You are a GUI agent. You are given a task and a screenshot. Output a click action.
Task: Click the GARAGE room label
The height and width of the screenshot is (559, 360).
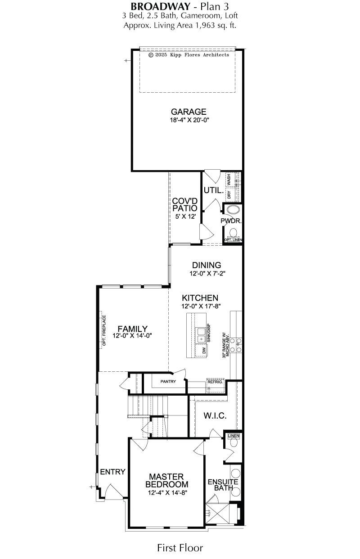(189, 112)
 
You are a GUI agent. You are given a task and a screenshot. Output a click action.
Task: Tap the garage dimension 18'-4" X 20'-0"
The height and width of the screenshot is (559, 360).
(189, 120)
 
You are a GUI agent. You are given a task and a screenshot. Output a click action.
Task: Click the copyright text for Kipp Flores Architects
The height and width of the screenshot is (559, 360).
(189, 55)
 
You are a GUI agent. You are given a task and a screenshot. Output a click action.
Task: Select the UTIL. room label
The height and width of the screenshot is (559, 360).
(214, 190)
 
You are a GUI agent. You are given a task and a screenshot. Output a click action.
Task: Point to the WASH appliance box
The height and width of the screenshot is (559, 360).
(229, 180)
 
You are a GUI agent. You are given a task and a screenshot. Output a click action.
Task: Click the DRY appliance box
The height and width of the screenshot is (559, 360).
(229, 194)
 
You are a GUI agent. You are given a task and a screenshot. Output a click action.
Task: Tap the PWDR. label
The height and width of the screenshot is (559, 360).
(231, 221)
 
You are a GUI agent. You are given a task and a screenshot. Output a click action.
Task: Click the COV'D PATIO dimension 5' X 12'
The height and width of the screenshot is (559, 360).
(185, 216)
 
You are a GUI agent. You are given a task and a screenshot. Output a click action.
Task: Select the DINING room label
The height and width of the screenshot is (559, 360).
(207, 265)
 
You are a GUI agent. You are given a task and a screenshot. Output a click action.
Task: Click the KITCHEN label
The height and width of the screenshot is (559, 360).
(200, 298)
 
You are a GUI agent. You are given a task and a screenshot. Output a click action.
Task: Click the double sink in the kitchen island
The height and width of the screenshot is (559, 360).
(201, 335)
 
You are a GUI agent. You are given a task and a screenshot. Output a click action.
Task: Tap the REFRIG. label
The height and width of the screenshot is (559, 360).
(215, 382)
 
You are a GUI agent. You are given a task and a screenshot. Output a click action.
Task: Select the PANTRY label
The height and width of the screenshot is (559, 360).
(168, 382)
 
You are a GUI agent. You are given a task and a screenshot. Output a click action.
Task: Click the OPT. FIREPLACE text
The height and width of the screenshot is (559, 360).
(104, 330)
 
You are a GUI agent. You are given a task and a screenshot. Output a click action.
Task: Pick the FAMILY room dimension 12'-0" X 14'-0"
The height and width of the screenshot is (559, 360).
(132, 336)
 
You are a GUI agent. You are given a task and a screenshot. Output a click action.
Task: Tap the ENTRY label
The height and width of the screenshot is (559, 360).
(112, 472)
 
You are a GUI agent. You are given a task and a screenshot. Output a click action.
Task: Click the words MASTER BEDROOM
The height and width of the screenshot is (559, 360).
(167, 480)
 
